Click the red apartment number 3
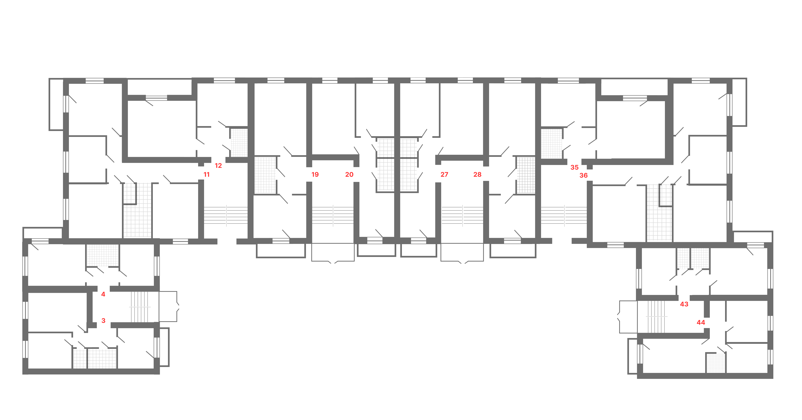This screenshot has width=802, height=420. [x=103, y=321]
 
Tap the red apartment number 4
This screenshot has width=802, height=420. [x=103, y=294]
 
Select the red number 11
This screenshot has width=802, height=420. [x=206, y=175]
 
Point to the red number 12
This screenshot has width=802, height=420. [x=218, y=166]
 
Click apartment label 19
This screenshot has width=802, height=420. [x=315, y=175]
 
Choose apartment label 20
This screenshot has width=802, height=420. [x=349, y=175]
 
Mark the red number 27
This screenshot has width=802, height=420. [x=444, y=175]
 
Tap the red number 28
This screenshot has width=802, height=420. [x=477, y=175]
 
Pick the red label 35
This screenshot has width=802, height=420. [x=574, y=168]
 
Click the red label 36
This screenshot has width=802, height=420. [x=583, y=176]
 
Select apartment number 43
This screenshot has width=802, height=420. [x=684, y=304]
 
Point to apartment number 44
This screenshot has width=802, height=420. [x=701, y=323]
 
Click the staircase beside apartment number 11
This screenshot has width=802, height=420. [x=226, y=215]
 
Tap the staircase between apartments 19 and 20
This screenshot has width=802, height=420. [x=333, y=215]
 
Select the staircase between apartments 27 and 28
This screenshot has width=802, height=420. [x=462, y=215]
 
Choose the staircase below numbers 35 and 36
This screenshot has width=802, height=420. [x=564, y=215]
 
